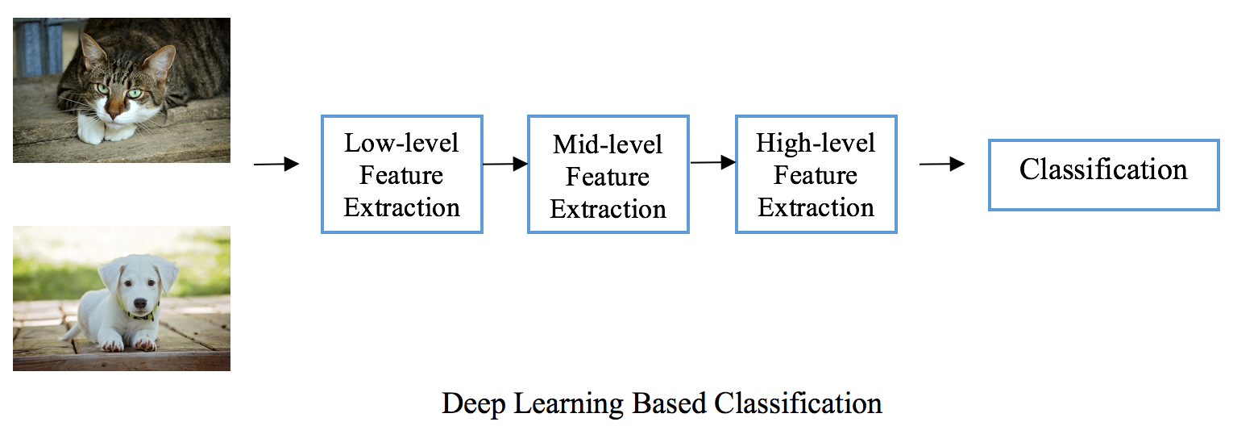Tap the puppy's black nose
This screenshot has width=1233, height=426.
pos(140,303)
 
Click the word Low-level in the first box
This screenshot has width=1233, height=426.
pos(401,143)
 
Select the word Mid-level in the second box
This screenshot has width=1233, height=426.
pos(608,144)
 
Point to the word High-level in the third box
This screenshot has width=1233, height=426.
pos(816,144)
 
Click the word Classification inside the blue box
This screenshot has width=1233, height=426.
pos(1103,169)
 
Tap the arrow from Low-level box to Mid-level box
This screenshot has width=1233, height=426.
pos(505,164)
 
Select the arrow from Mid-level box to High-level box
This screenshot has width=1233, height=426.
pos(713,163)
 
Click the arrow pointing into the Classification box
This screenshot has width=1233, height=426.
pos(942,164)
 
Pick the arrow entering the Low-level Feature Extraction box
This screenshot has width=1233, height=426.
pos(276,164)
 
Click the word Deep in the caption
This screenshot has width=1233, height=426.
pos(474,404)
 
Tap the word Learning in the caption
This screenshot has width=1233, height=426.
pos(569,404)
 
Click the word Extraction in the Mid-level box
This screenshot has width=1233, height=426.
pos(608,210)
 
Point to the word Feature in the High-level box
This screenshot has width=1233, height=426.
pos(816,175)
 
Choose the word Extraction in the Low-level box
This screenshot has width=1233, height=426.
pos(401,208)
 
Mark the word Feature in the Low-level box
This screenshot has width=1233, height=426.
pos(401,175)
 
